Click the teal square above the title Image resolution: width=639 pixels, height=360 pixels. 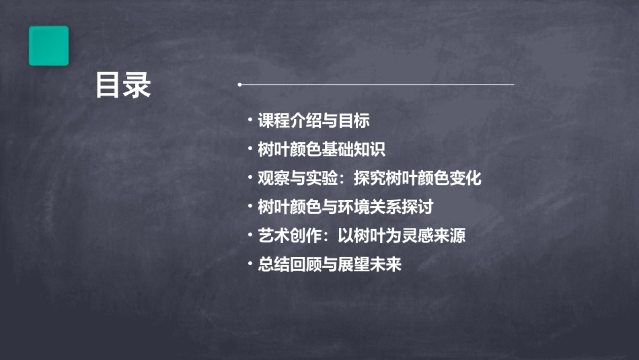click(x=48, y=46)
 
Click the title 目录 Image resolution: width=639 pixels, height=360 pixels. click(x=123, y=85)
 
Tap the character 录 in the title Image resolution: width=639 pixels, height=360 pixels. click(x=138, y=85)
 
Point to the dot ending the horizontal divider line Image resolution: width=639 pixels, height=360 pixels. click(x=239, y=85)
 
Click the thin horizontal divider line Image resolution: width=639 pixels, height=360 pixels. click(x=377, y=85)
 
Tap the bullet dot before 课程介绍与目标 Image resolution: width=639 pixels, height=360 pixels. click(x=250, y=120)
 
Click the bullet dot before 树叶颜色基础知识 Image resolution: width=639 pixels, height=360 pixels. click(x=250, y=149)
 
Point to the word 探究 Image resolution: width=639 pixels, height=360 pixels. click(x=369, y=178)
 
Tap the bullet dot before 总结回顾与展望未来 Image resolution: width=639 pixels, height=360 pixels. click(x=250, y=264)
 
